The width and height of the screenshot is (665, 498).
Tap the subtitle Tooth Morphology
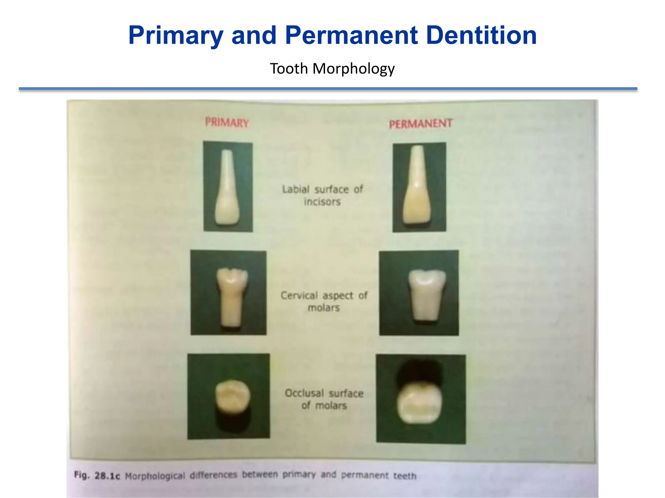tap(332, 69)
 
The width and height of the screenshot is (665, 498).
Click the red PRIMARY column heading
tap(227, 123)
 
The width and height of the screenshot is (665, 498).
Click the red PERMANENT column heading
tap(421, 124)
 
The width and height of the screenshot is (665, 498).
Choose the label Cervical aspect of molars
tap(324, 301)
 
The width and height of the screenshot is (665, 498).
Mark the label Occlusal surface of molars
tap(324, 399)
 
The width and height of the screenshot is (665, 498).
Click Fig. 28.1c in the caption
tap(97, 476)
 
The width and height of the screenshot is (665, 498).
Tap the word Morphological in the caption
tap(155, 476)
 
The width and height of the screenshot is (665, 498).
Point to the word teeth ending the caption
tap(405, 476)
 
